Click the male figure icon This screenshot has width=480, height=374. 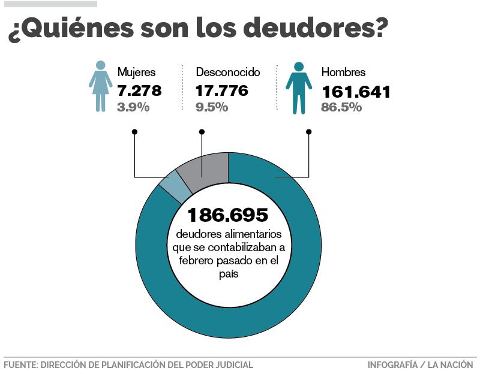(298, 88)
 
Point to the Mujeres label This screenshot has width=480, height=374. (136, 73)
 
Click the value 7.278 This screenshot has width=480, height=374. (139, 91)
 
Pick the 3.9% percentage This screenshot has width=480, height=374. (133, 107)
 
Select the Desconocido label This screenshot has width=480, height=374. (228, 73)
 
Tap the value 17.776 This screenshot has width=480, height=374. (221, 91)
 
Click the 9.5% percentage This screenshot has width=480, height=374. (212, 107)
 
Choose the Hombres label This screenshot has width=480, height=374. (343, 73)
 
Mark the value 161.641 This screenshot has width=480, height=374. (356, 92)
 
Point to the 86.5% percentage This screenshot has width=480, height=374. (341, 107)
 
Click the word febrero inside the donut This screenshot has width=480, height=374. (199, 261)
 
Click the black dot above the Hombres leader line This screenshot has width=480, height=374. (309, 132)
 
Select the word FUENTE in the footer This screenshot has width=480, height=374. (19, 364)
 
